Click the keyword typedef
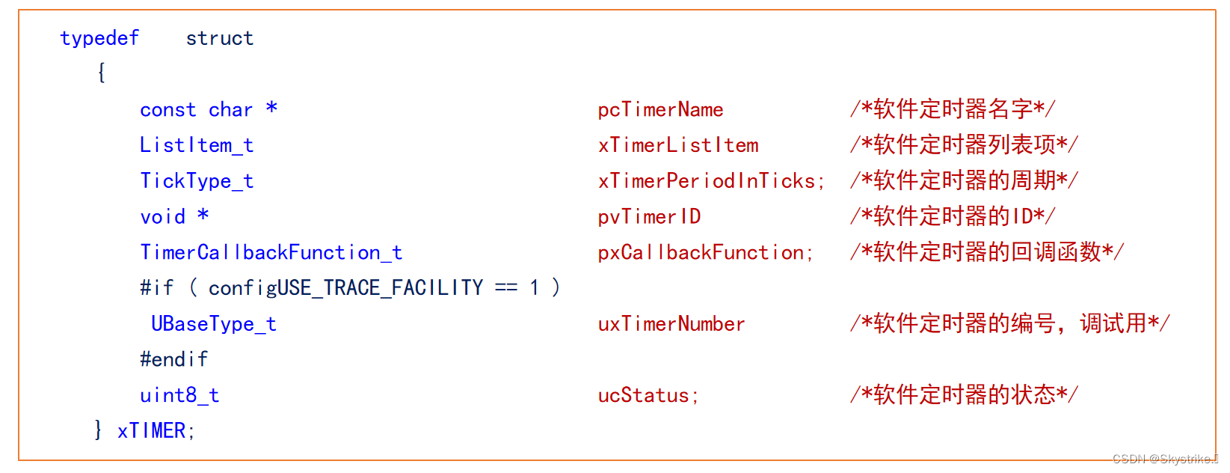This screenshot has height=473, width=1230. pos(99,38)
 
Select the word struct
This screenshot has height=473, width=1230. pos(220,38)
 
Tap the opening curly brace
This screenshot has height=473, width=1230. pos(102,73)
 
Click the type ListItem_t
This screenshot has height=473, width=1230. pos(197,145)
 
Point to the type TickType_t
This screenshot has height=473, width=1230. pos(197,181)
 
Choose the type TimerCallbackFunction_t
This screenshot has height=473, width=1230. pos(271,253)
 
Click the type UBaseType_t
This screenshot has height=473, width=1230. pos(214,324)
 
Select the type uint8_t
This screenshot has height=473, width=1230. pos(179,395)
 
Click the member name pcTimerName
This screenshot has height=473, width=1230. pos(660,110)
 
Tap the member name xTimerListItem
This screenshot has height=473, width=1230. pos(678,145)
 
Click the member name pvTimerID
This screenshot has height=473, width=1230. pos(649,217)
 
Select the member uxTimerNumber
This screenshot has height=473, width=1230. pos(671,324)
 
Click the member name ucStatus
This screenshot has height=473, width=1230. pos(643,395)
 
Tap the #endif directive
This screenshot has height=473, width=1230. pos(173,359)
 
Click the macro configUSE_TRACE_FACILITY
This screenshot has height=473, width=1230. pos(345,288)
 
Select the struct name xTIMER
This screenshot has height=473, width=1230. pos(151,431)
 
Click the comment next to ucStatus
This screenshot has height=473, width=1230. pos(963,394)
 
